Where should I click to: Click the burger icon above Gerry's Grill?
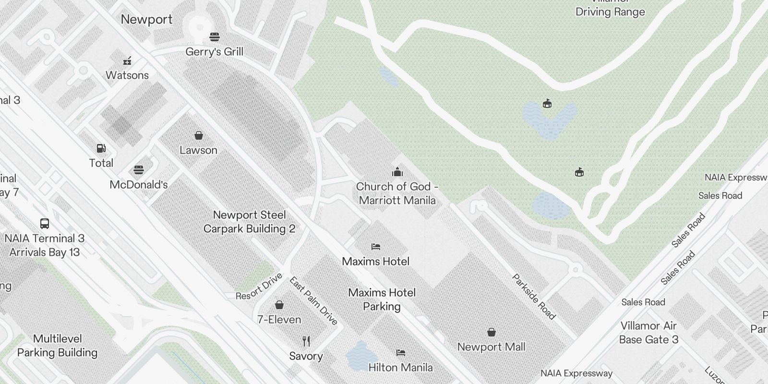[x=215, y=37]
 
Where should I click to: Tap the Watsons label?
[x=127, y=75]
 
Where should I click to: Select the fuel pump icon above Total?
[x=101, y=148]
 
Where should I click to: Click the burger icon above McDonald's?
[x=139, y=170]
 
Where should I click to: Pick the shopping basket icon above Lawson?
[x=198, y=135]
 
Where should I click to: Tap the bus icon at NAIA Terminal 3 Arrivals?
[x=45, y=223]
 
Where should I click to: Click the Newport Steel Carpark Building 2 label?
[x=249, y=222]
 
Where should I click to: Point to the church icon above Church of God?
[x=397, y=172]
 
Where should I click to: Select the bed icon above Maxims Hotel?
[x=376, y=247]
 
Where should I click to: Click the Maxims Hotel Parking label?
[x=382, y=300]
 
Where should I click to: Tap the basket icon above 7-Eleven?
[x=279, y=305]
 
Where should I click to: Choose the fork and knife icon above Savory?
[x=306, y=341]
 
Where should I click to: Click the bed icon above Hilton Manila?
[x=401, y=353]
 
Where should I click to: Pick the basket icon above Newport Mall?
[x=491, y=332]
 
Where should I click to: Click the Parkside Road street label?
[x=534, y=297]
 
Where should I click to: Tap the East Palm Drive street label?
[x=313, y=301]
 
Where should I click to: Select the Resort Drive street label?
[x=259, y=287]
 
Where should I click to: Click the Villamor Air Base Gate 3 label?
[x=648, y=333]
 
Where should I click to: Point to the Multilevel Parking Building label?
[x=57, y=346]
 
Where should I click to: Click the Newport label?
[x=146, y=20]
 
